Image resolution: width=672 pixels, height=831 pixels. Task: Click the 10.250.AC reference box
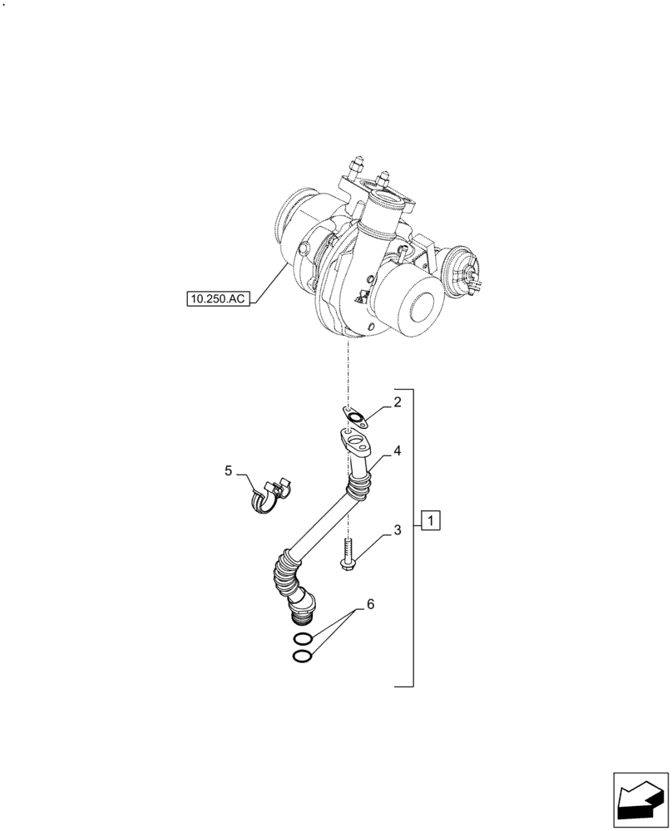point(218,298)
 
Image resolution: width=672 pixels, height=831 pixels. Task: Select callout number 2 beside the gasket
point(398,404)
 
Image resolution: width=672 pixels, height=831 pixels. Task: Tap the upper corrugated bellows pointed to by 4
point(360,482)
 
